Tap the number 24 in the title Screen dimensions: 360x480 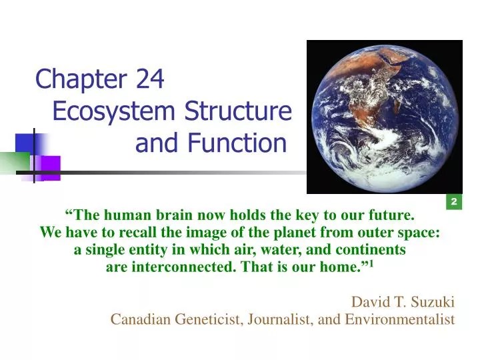[x=149, y=80]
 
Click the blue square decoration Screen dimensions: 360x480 [x=25, y=143]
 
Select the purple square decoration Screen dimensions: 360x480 [x=48, y=167]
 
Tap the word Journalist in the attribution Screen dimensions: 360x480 [x=281, y=319]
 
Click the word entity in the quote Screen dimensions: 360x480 [x=131, y=251]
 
